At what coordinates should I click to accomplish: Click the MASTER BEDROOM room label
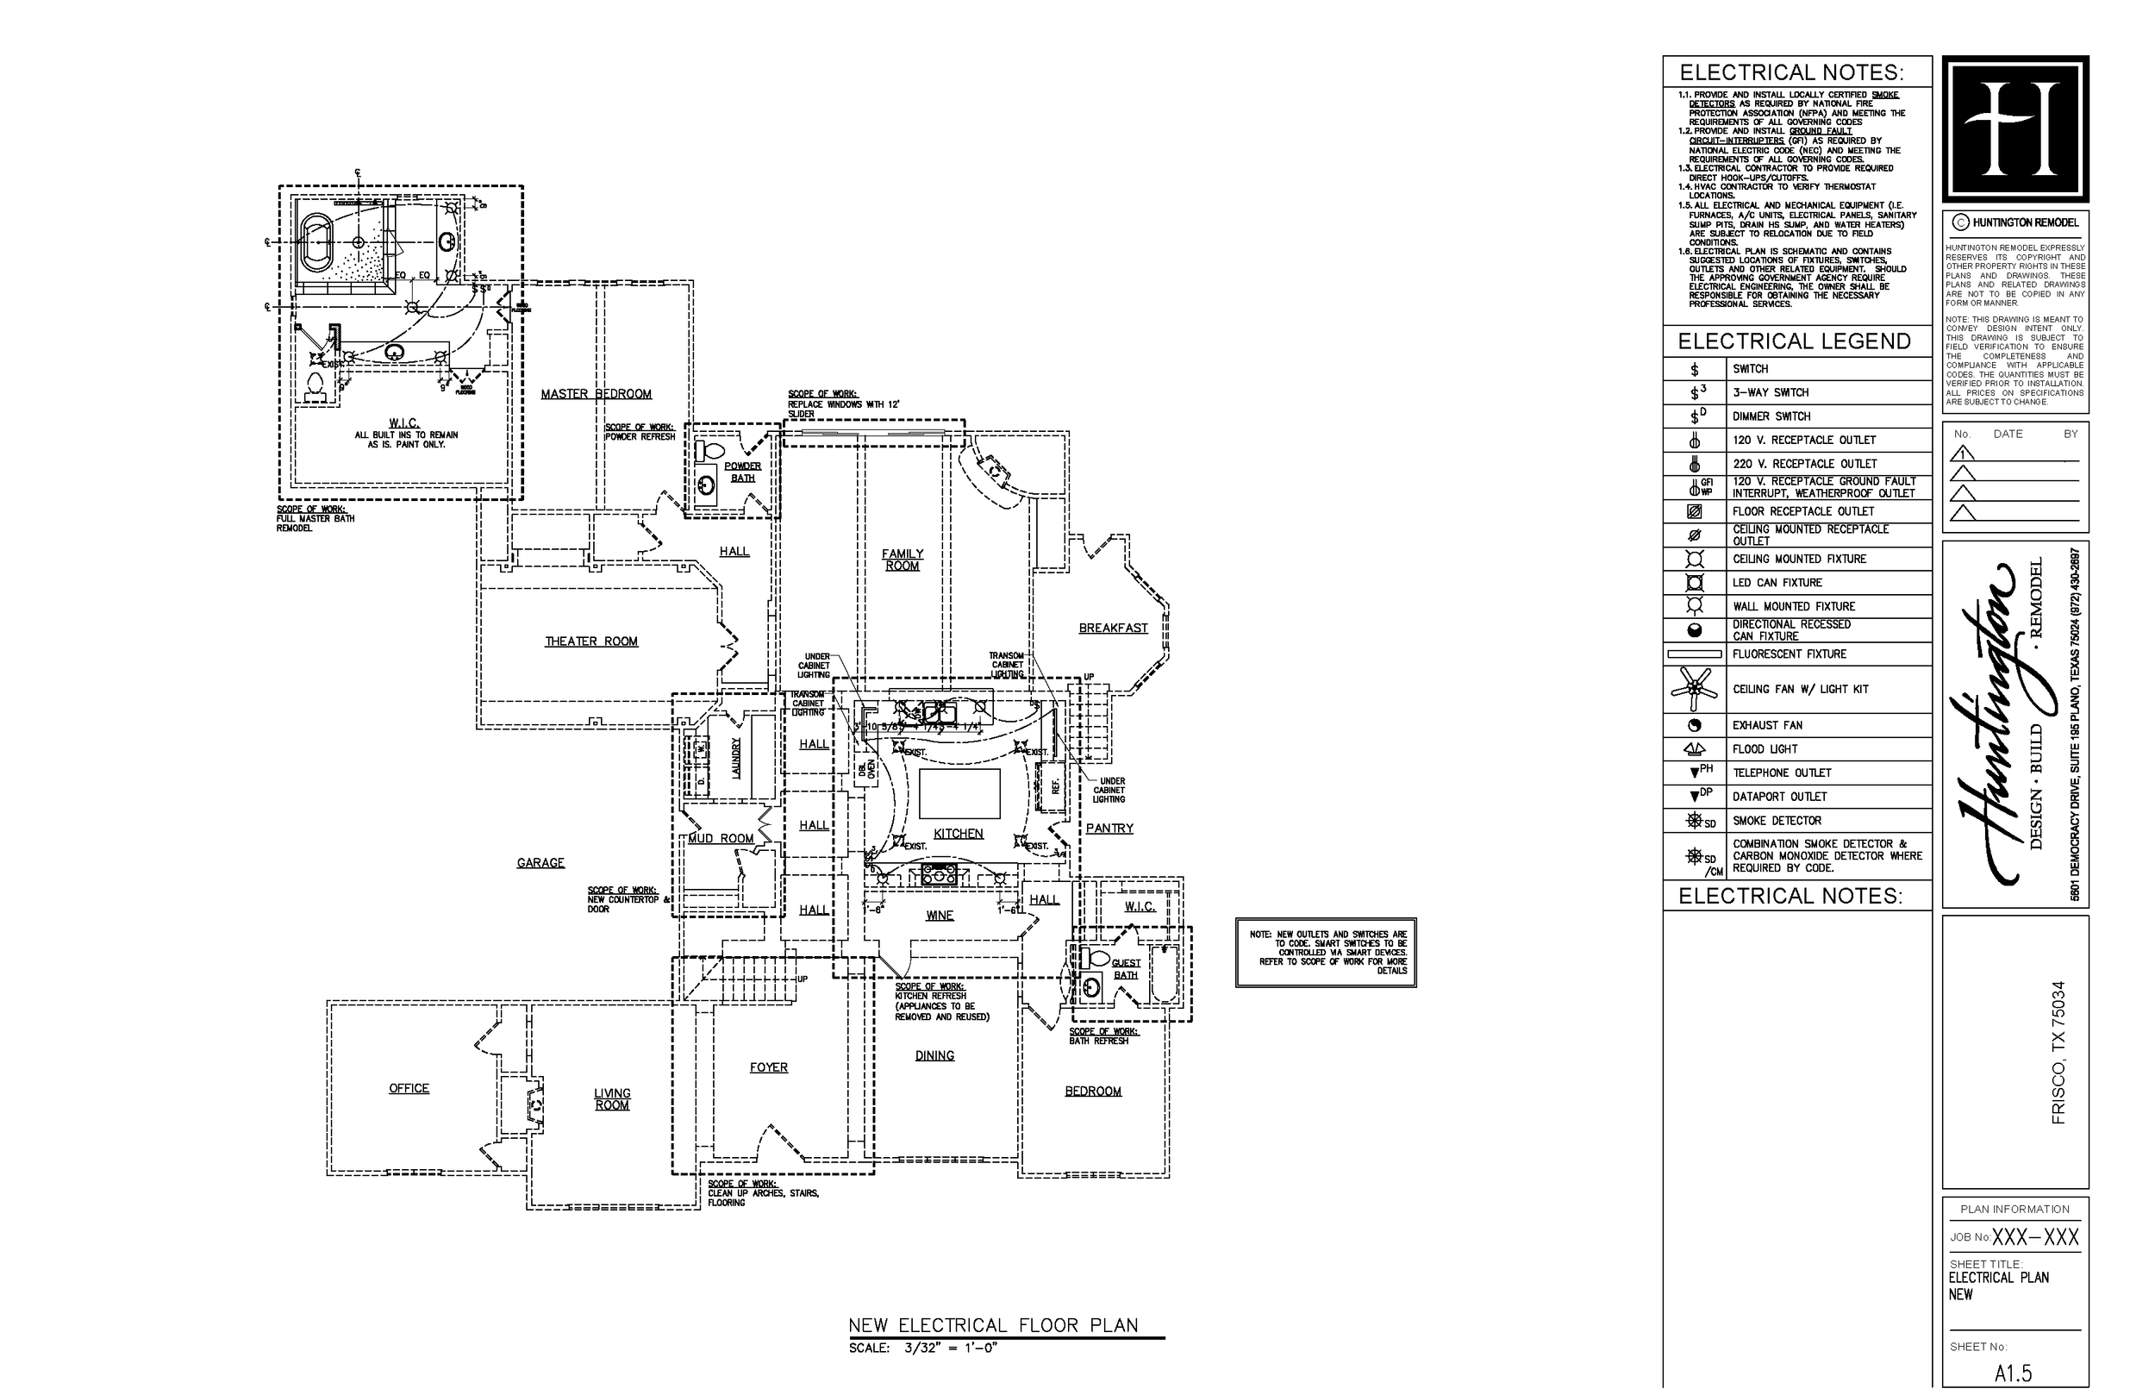tap(596, 394)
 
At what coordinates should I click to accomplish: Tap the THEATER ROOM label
tap(591, 641)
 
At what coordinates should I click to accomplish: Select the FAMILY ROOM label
tap(902, 560)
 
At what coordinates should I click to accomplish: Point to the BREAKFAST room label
tap(1113, 628)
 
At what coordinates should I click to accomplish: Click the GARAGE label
tap(540, 863)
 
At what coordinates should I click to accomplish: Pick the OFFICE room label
tap(409, 1088)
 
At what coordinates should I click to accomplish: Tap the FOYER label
tap(769, 1067)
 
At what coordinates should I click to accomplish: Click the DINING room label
tap(934, 1055)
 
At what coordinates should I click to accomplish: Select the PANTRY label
tap(1109, 828)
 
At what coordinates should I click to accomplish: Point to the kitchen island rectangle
tap(959, 793)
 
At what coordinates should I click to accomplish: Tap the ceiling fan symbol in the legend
tap(1694, 690)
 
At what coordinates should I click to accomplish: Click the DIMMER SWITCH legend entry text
tap(1771, 416)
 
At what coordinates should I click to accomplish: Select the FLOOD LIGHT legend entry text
tap(1764, 749)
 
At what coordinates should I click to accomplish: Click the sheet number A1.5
tap(2013, 1373)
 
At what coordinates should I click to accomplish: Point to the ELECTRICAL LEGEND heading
tap(1794, 341)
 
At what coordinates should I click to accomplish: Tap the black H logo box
tap(2015, 128)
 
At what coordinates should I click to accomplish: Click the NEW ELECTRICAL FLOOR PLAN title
tap(993, 1325)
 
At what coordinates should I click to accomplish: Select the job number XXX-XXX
tap(2034, 1237)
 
